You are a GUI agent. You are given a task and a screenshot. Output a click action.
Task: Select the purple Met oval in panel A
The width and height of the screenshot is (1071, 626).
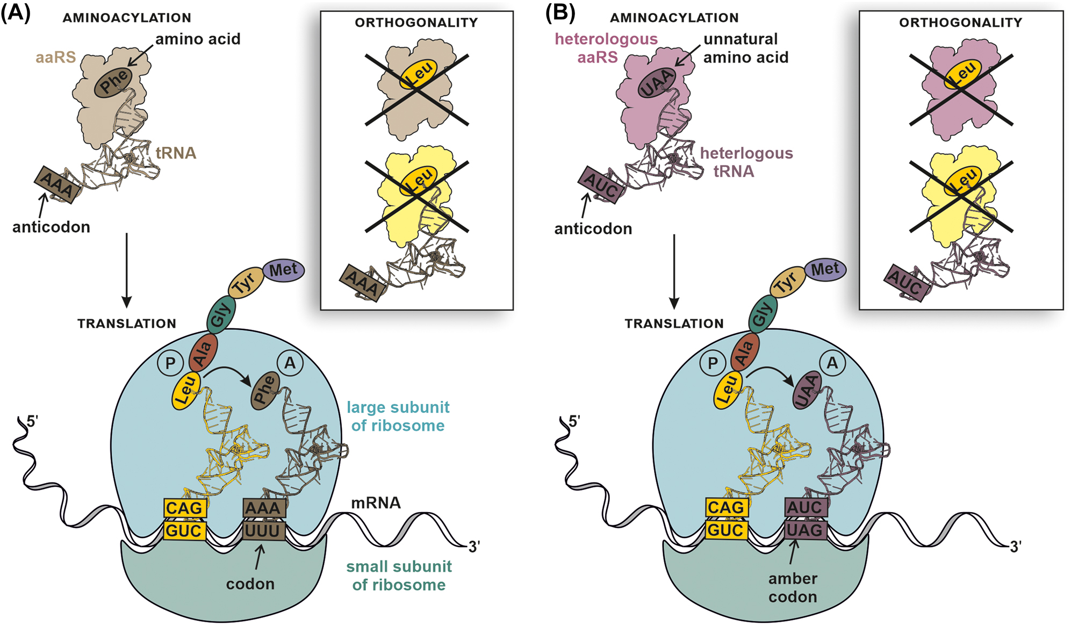pyautogui.click(x=283, y=270)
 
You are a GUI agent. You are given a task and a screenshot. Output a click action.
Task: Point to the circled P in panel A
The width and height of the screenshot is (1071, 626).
pyautogui.click(x=170, y=364)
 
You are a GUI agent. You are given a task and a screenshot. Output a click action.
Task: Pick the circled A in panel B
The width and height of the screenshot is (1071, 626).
pyautogui.click(x=832, y=364)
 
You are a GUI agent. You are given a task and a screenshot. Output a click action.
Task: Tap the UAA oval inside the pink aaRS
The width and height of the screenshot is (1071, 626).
pyautogui.click(x=656, y=83)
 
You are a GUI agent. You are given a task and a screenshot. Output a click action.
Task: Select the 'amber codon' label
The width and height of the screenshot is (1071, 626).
pyautogui.click(x=793, y=587)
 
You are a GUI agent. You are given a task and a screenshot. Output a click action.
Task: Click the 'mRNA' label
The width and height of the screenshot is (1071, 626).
pyautogui.click(x=376, y=503)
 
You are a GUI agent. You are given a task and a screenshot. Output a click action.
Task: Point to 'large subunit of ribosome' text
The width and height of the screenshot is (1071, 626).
pyautogui.click(x=398, y=416)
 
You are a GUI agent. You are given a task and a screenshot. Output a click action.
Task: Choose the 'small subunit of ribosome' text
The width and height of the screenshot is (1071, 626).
pyautogui.click(x=399, y=575)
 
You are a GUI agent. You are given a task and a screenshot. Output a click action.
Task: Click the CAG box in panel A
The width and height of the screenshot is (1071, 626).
pyautogui.click(x=184, y=508)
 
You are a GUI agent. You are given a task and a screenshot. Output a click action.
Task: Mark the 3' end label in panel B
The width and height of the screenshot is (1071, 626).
pyautogui.click(x=1015, y=547)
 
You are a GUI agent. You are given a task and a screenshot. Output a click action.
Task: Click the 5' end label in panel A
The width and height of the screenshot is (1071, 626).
pyautogui.click(x=32, y=421)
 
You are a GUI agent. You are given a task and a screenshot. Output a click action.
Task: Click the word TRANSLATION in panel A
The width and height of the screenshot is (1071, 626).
pyautogui.click(x=127, y=323)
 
